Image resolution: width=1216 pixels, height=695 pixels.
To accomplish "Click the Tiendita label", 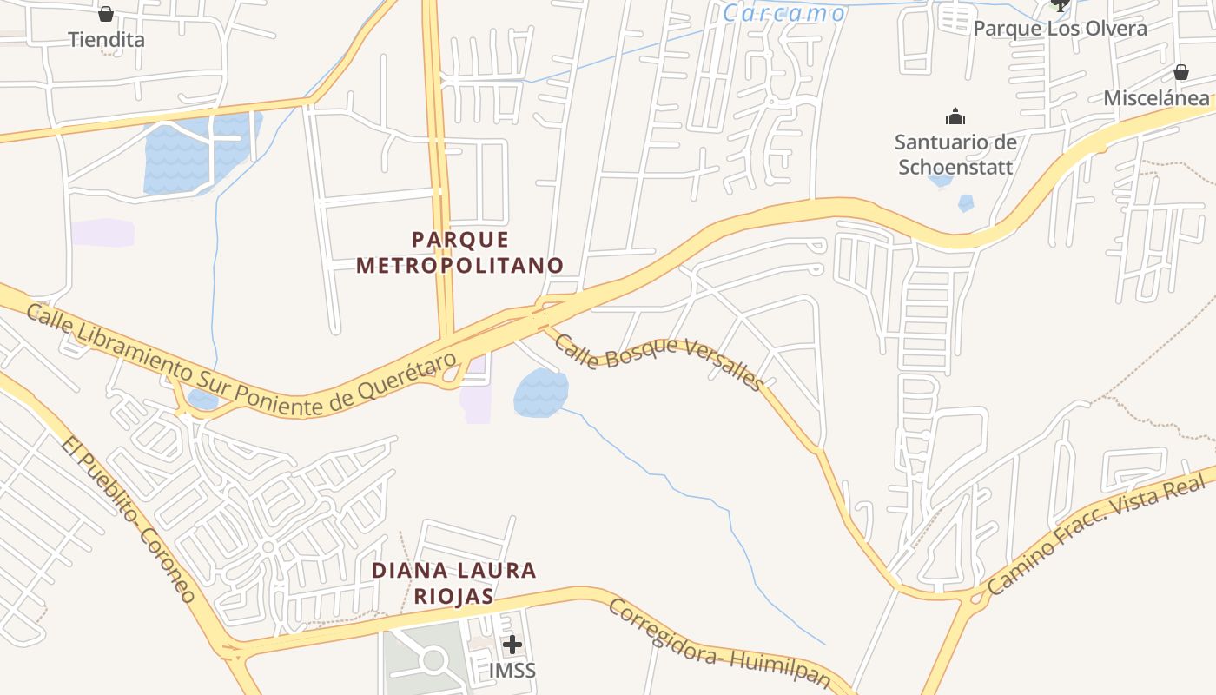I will [x=106, y=40].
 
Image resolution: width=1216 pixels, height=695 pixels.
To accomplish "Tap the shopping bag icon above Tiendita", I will [x=106, y=14].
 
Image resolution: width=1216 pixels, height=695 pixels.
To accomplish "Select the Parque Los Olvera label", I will [x=1060, y=29].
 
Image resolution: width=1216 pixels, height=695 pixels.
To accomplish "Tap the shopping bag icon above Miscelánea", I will [x=1180, y=71].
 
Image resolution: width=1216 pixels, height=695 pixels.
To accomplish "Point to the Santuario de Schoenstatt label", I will [x=955, y=154].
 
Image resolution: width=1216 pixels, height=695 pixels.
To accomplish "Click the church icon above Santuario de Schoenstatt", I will [x=955, y=116].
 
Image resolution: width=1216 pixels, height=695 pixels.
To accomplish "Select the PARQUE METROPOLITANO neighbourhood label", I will [x=459, y=252].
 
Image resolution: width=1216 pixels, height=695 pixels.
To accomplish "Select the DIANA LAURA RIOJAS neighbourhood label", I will [x=454, y=583].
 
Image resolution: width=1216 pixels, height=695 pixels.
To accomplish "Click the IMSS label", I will [x=512, y=671].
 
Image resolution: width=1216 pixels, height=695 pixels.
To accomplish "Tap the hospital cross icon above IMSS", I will [x=512, y=645].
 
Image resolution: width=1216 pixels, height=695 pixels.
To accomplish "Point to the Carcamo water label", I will [x=784, y=13].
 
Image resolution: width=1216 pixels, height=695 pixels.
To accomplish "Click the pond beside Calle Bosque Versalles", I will [x=541, y=392].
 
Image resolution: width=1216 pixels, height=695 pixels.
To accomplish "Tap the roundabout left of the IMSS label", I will [x=433, y=661].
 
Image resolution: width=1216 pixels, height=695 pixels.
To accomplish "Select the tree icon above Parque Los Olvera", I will [x=1060, y=4].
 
